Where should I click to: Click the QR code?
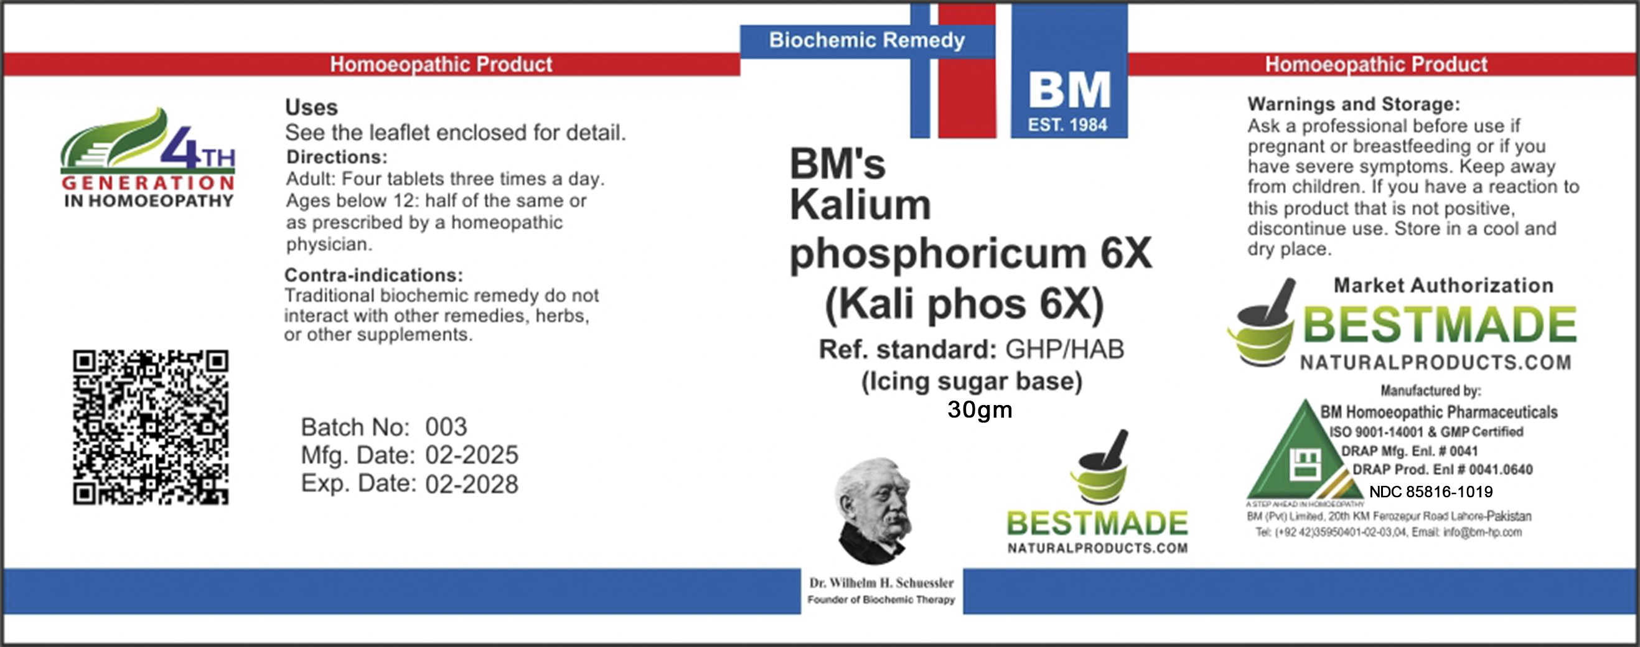(150, 427)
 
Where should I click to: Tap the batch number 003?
(446, 427)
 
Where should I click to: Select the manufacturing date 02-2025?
(472, 455)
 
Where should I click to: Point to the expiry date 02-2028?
(472, 484)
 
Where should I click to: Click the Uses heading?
(311, 107)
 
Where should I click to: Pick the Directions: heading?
(336, 157)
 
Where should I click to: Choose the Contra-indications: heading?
(373, 275)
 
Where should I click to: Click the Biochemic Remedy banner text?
(866, 40)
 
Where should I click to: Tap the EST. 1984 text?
(1067, 124)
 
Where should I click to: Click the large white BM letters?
(1069, 90)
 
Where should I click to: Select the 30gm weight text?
(979, 409)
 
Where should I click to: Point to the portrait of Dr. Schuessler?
(873, 511)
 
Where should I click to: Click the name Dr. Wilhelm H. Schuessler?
(881, 583)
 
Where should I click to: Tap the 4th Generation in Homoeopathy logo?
(148, 157)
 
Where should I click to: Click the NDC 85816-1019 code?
(1430, 491)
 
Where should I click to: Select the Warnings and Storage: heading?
(1354, 104)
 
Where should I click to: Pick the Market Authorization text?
(1443, 285)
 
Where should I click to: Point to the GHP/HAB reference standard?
(1064, 349)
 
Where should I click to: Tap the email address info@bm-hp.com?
(1482, 532)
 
